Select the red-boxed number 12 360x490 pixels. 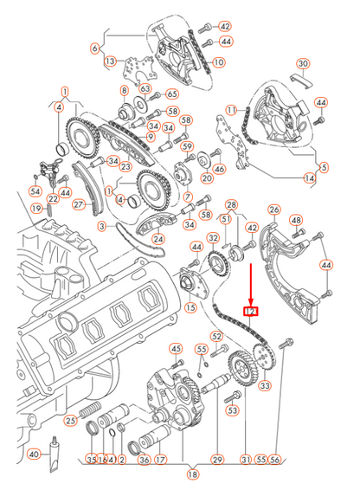[x=251, y=312]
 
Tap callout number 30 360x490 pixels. [x=302, y=64]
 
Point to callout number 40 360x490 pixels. [x=34, y=455]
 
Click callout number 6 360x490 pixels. [x=95, y=48]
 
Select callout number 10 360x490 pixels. [x=218, y=62]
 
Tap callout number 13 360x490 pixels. [x=110, y=61]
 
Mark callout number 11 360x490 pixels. [x=231, y=110]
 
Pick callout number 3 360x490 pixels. [x=102, y=227]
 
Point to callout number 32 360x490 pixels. [x=213, y=238]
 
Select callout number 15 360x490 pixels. [x=190, y=307]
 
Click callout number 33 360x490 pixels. [x=264, y=385]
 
